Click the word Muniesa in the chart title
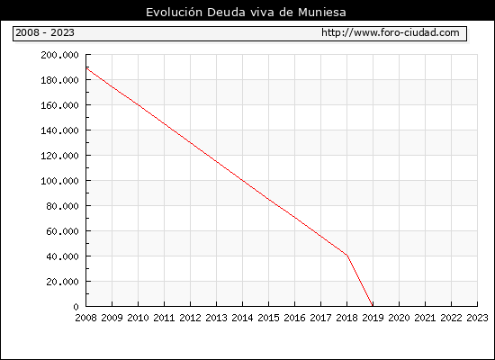pyautogui.click(x=322, y=13)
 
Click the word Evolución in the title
pyautogui.click(x=174, y=13)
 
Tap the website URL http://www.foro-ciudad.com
pyautogui.click(x=391, y=32)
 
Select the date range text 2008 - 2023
pyautogui.click(x=45, y=32)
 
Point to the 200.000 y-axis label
pyautogui.click(x=59, y=55)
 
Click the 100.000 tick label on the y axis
pyautogui.click(x=59, y=181)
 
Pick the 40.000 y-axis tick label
pyautogui.click(x=62, y=256)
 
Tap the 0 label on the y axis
pyautogui.click(x=76, y=307)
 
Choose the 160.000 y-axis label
pyautogui.click(x=59, y=105)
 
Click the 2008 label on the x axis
pyautogui.click(x=85, y=318)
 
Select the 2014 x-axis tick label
pyautogui.click(x=242, y=318)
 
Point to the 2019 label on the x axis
pyautogui.click(x=373, y=318)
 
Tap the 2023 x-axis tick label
pyautogui.click(x=477, y=318)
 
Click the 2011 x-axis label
pyautogui.click(x=164, y=318)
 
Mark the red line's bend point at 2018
pyautogui.click(x=346, y=255)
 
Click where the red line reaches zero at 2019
pyautogui.click(x=373, y=306)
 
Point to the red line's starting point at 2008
pyautogui.click(x=86, y=67)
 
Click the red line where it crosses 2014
pyautogui.click(x=242, y=180)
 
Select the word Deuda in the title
pyautogui.click(x=226, y=13)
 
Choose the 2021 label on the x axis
pyautogui.click(x=425, y=318)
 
